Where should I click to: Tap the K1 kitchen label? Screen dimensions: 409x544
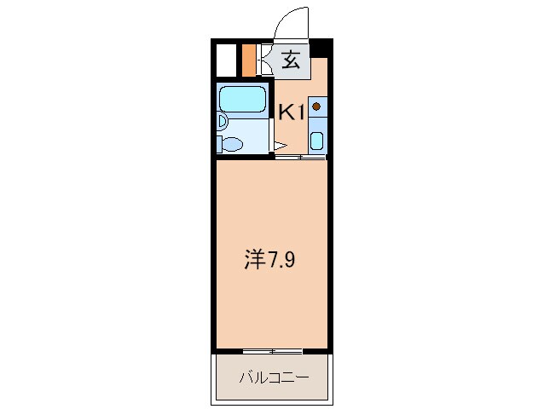(292, 111)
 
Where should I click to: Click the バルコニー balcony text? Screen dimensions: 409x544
(272, 377)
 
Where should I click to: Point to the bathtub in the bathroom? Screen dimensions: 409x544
(244, 101)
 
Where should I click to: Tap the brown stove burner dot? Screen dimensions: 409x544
(316, 107)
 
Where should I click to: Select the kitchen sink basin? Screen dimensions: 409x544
(317, 141)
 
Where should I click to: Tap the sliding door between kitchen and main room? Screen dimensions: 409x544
(300, 158)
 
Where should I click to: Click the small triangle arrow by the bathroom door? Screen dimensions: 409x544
(281, 145)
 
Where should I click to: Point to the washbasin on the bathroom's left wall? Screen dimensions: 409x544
(220, 121)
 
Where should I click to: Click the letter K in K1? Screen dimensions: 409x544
(286, 111)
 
